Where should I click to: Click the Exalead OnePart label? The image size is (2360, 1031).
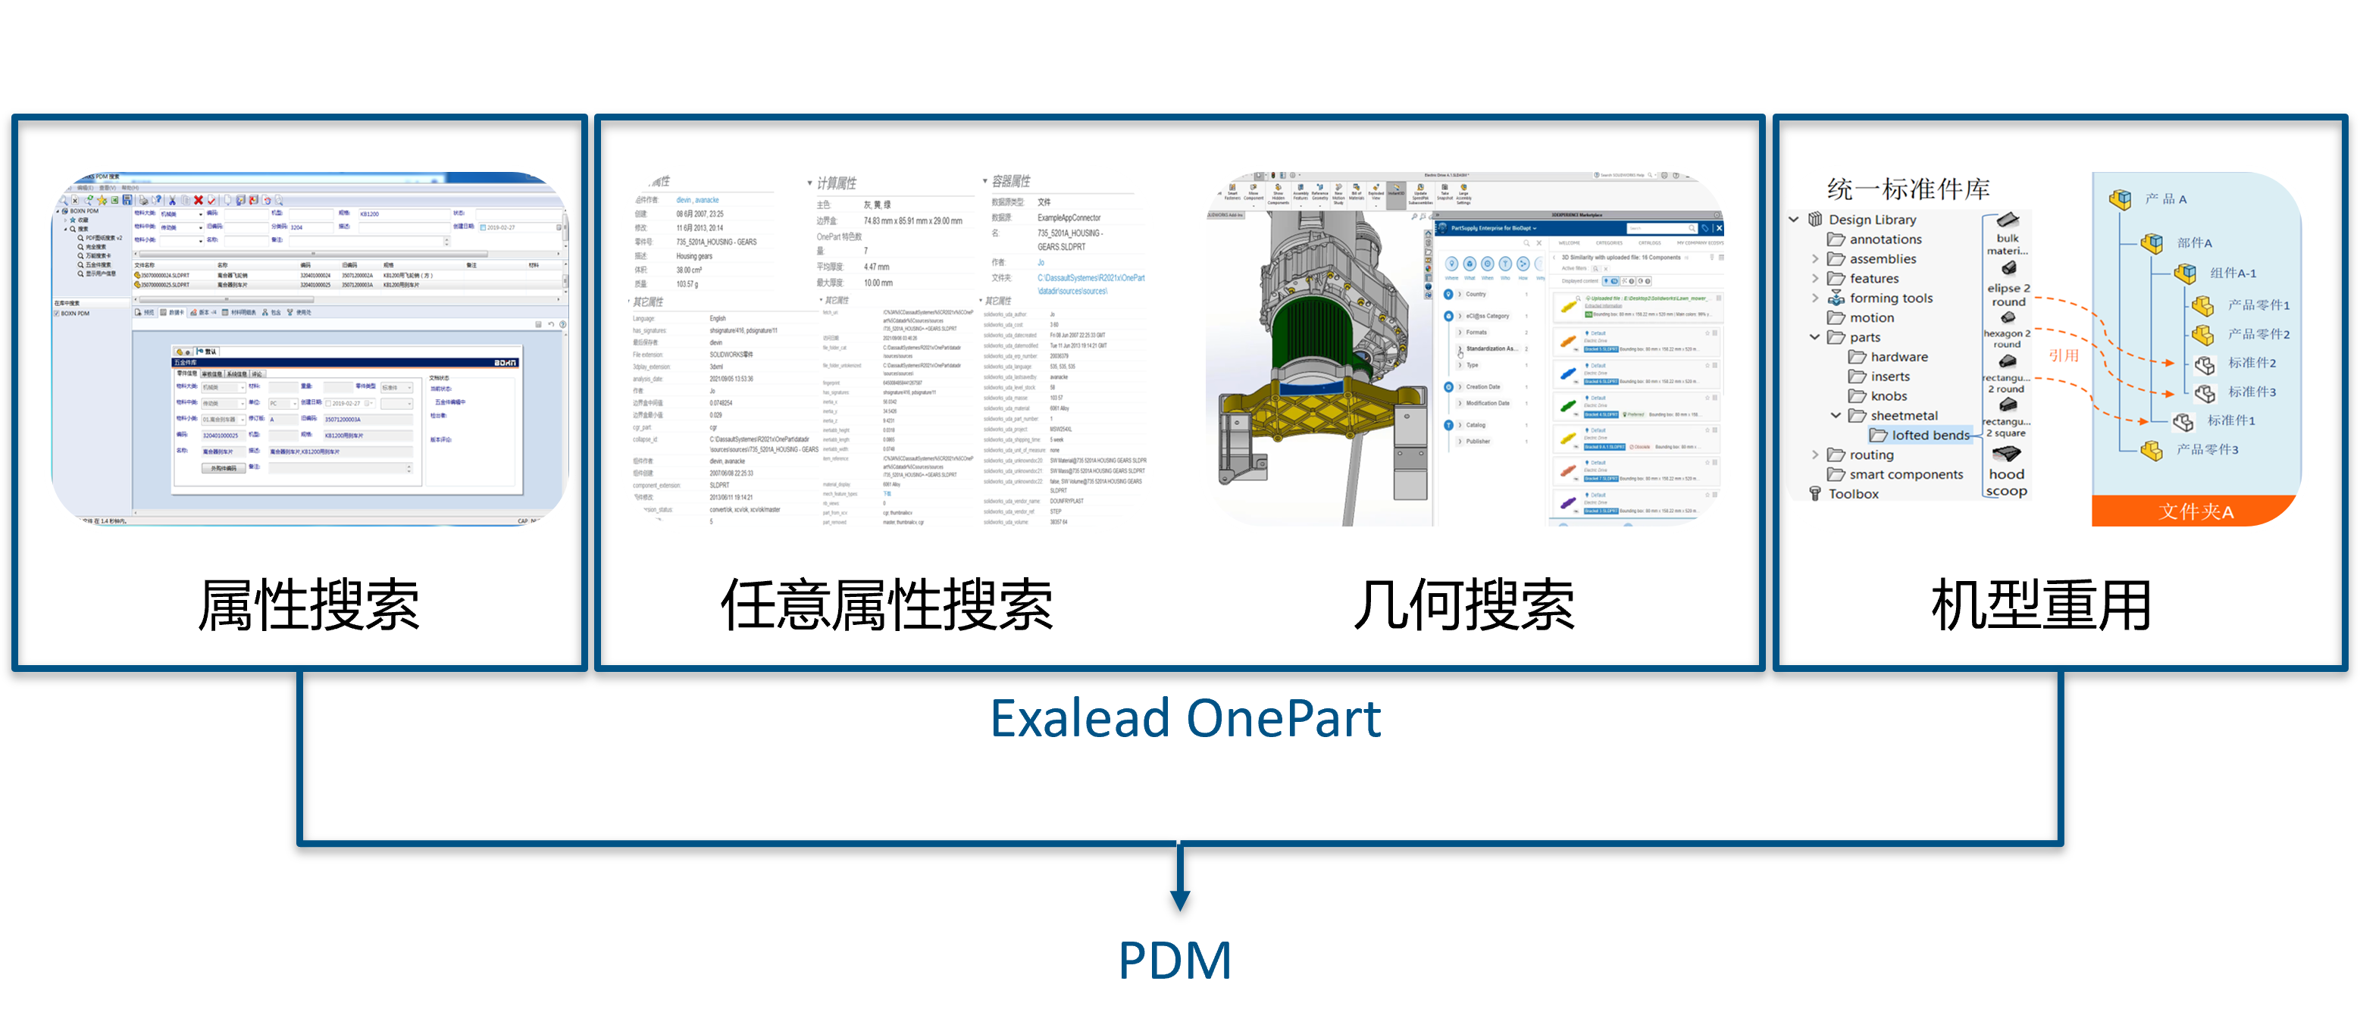(1185, 719)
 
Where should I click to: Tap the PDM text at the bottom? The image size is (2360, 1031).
(1175, 961)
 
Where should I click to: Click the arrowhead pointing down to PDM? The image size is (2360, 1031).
(1180, 898)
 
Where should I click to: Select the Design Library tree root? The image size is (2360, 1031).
(1872, 220)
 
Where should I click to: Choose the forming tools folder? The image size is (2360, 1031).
(1890, 298)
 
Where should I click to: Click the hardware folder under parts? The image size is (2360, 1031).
(1898, 357)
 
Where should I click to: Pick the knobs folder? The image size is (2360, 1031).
(1888, 396)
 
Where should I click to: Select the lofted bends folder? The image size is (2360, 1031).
(1930, 436)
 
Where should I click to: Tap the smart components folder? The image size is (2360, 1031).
(1905, 474)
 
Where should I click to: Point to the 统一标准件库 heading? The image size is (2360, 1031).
(1908, 189)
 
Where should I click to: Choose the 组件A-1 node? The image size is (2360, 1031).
(2233, 273)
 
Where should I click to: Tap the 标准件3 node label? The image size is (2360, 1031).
(2251, 392)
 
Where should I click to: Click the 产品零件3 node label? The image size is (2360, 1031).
(2207, 449)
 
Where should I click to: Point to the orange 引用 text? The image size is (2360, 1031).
(2063, 355)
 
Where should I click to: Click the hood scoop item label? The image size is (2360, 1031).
(2006, 483)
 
